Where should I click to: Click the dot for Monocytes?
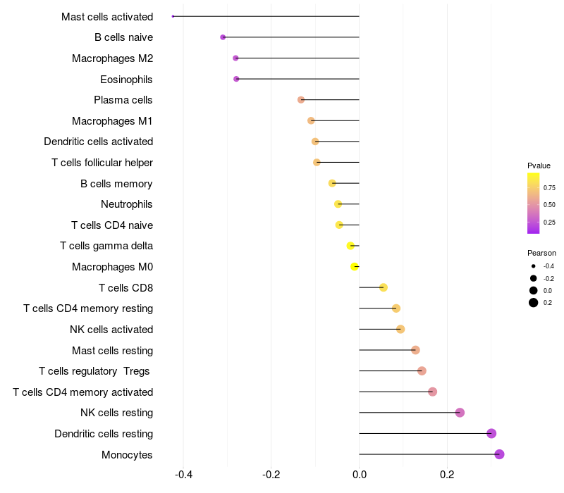tap(499, 454)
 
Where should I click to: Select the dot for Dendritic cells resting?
tap(491, 433)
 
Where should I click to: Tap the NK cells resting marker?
tap(460, 413)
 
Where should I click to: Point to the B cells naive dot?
tap(223, 37)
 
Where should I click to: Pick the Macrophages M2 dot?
tap(235, 58)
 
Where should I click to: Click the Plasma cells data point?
tap(301, 100)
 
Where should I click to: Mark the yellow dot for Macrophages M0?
tap(355, 266)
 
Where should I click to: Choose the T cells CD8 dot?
tap(383, 287)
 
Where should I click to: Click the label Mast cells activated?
tap(107, 16)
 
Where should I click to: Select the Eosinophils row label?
tap(126, 79)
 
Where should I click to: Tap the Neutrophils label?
tap(127, 204)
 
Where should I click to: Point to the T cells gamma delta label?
tap(106, 246)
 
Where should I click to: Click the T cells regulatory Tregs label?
tap(95, 371)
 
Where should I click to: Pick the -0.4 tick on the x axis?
tap(183, 475)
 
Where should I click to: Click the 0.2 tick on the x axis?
tap(447, 475)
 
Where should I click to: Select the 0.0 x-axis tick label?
tap(359, 475)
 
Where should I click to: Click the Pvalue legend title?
tap(539, 166)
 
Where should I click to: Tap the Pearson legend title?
tap(541, 253)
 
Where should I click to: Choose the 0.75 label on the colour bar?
tap(549, 188)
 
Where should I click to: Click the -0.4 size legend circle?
tap(534, 266)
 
